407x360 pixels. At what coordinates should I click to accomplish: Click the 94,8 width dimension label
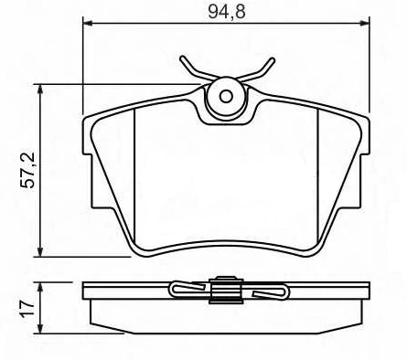tap(227, 12)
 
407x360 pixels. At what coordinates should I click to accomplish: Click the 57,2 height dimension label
tap(28, 171)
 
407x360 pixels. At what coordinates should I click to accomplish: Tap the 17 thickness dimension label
tap(28, 308)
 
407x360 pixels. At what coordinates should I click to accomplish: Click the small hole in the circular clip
tap(226, 97)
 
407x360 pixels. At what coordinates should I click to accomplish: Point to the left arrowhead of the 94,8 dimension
tap(88, 24)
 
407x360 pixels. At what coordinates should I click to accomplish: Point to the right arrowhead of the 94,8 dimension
tap(365, 24)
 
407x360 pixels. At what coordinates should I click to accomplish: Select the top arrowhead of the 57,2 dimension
tap(40, 90)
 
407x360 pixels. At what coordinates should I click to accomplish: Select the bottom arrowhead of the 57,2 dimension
tap(40, 251)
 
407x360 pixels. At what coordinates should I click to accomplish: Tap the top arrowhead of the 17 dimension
tap(40, 288)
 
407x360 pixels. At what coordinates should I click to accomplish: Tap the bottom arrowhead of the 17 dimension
tap(40, 328)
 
